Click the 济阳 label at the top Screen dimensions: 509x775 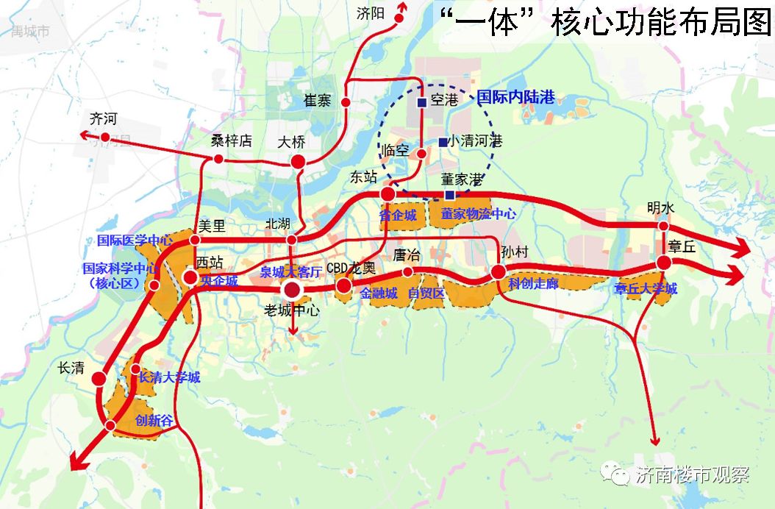[x=371, y=13]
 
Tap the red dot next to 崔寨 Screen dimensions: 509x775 [x=346, y=101]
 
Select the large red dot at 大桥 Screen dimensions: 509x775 [x=298, y=162]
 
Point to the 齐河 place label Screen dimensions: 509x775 [x=103, y=119]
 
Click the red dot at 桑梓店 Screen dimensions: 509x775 [x=218, y=159]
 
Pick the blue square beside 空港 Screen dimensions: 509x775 [x=421, y=103]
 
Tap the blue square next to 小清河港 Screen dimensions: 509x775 [x=443, y=142]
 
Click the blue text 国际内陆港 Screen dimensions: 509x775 [x=515, y=97]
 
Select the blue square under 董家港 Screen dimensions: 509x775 [x=449, y=195]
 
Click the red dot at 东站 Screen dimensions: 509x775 [x=387, y=193]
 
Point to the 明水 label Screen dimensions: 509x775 [x=661, y=208]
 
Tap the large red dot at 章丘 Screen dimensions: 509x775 [x=664, y=263]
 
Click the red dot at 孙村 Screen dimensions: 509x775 [x=498, y=272]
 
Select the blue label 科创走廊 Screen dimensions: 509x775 [x=533, y=285]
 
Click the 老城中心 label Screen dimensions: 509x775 [x=292, y=311]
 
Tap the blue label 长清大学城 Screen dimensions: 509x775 [x=169, y=377]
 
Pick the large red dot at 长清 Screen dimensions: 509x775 [x=99, y=379]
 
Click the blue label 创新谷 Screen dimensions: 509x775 [x=154, y=421]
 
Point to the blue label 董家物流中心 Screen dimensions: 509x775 [x=478, y=214]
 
